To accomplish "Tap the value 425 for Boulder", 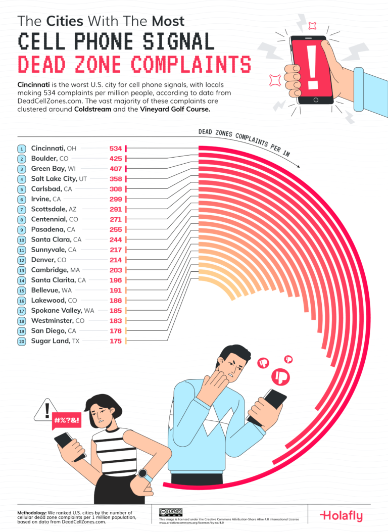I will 116,159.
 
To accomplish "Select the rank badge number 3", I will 22,169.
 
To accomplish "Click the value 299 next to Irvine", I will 116,199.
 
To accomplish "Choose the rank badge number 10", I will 22,239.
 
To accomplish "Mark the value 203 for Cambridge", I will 116,270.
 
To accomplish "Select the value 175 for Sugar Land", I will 116,342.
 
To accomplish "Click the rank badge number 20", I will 22,342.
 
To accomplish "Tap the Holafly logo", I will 341,516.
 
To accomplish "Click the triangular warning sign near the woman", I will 46,410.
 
